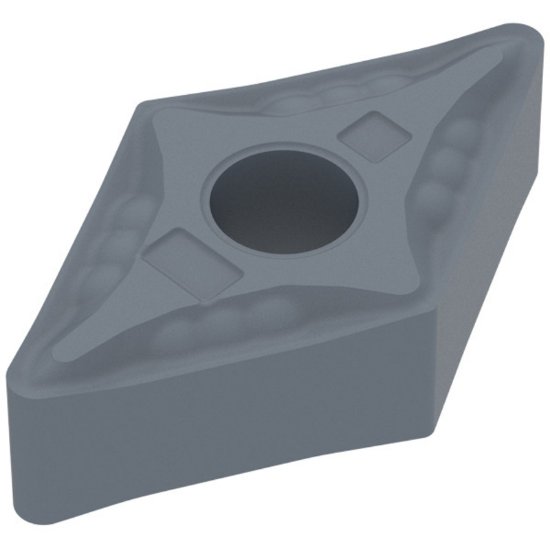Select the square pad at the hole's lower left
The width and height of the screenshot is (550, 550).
[182, 260]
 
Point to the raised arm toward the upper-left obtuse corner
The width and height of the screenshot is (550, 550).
[180, 140]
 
